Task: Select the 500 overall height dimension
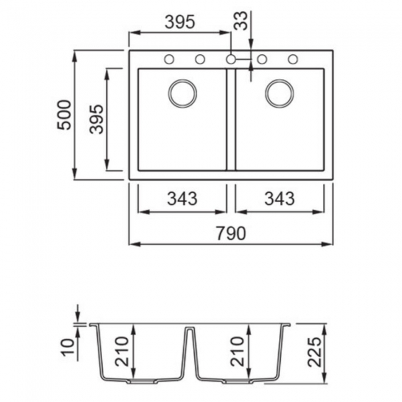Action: click(64, 115)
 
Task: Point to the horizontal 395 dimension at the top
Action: click(180, 22)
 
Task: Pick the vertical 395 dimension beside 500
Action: click(95, 119)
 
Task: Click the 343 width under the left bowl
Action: click(182, 199)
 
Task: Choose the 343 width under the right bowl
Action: click(280, 199)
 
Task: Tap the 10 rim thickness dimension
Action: click(69, 347)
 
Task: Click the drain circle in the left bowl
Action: click(182, 93)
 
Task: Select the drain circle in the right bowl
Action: click(280, 93)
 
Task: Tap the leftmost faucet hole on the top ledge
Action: click(169, 59)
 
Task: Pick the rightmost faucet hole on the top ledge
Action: click(293, 59)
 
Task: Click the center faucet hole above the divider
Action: click(231, 59)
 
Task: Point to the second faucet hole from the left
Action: click(200, 59)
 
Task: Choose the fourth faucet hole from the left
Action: click(262, 59)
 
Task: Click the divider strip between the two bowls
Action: click(231, 119)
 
